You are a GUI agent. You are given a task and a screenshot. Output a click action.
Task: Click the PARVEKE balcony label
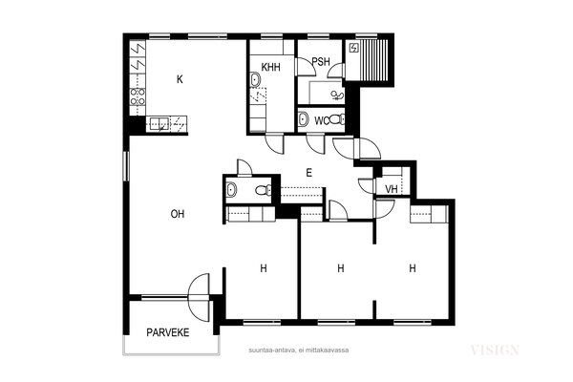click(168, 332)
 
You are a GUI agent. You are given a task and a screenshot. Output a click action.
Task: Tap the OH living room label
click(178, 214)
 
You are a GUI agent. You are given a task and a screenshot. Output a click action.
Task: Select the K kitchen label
click(180, 79)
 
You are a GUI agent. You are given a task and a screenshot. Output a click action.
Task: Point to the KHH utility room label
click(271, 67)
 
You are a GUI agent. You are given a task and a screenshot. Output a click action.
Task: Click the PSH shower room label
click(321, 61)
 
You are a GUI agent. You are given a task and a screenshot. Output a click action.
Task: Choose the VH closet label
click(392, 189)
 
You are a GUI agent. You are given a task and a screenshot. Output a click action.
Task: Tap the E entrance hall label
click(308, 173)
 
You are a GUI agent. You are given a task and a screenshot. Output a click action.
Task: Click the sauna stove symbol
click(354, 48)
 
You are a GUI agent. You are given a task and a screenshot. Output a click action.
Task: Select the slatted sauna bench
click(374, 60)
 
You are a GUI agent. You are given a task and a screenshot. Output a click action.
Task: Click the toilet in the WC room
click(337, 119)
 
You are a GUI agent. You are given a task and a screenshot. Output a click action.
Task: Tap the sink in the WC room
click(303, 119)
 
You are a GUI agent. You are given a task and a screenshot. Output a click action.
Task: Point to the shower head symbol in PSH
click(337, 95)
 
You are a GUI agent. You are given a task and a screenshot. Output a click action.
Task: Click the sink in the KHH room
click(255, 79)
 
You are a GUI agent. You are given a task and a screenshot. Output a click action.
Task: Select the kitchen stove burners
click(138, 96)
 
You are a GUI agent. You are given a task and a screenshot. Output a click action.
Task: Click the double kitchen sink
click(159, 123)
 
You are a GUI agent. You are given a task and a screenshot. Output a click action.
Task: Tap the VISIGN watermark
click(495, 350)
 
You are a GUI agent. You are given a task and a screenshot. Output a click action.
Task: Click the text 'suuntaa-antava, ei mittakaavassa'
click(299, 350)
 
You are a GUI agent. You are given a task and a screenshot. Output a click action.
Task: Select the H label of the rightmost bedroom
click(413, 268)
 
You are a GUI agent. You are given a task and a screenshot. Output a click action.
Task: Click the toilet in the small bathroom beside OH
click(264, 190)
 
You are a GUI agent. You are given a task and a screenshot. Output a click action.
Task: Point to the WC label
click(321, 121)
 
